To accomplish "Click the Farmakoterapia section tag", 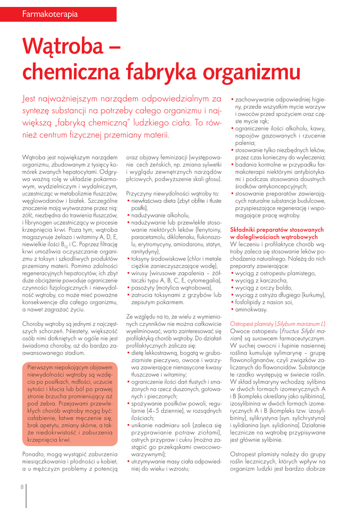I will click(50, 14).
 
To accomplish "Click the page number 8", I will click(22, 486).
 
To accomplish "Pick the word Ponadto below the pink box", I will click(35, 454).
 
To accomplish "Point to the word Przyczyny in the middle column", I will click(141, 193).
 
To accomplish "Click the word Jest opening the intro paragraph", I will click(29, 99).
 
